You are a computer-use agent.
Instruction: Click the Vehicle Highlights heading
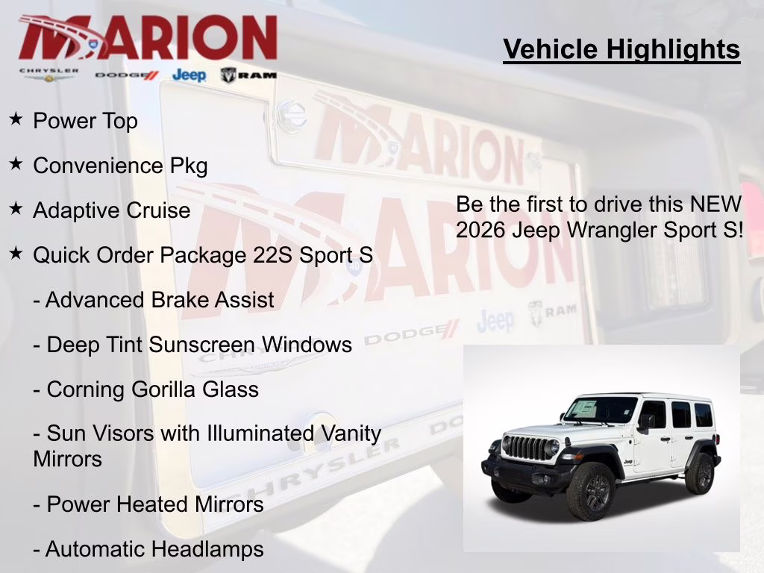[x=621, y=50]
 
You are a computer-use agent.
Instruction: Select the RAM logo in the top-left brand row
[x=248, y=75]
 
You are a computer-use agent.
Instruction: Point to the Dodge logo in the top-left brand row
[x=127, y=75]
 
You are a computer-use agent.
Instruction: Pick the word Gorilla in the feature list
[x=173, y=389]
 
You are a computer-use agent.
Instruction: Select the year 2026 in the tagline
[x=481, y=230]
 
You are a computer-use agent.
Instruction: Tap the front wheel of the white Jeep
[x=590, y=492]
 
